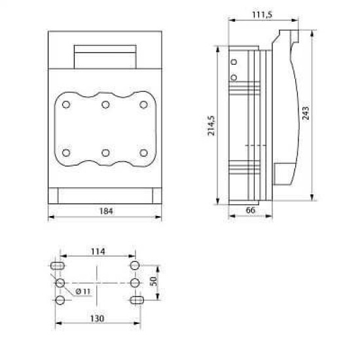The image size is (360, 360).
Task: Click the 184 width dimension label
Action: pyautogui.click(x=106, y=211)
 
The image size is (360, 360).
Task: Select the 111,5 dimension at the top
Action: pyautogui.click(x=262, y=14)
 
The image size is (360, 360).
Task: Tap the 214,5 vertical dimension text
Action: pyautogui.click(x=211, y=126)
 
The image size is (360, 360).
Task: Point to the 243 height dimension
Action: pyautogui.click(x=306, y=113)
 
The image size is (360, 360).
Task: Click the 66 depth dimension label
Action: pyautogui.click(x=250, y=210)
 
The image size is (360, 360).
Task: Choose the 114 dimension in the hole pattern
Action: pyautogui.click(x=98, y=251)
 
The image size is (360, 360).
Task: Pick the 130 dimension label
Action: pyautogui.click(x=97, y=319)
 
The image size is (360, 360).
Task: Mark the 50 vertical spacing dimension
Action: pyautogui.click(x=153, y=281)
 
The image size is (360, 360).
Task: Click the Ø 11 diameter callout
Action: pyautogui.click(x=83, y=291)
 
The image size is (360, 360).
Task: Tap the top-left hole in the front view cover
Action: pyautogui.click(x=66, y=105)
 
